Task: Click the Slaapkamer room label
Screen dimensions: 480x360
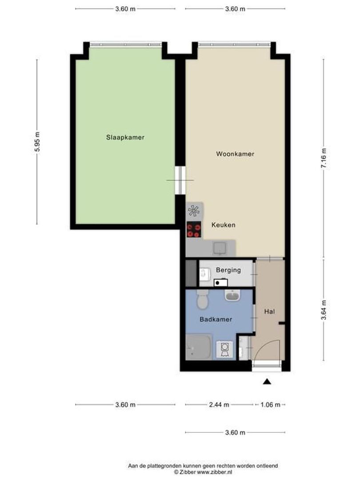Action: (125, 137)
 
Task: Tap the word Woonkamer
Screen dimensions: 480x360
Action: (235, 154)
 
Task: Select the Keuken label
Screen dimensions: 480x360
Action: (223, 225)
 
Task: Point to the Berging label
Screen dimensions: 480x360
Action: (228, 270)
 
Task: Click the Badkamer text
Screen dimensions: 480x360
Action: (216, 319)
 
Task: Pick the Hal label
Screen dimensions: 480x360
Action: (269, 312)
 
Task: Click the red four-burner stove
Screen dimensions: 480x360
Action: (194, 230)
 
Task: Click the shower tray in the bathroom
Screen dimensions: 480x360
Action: (198, 347)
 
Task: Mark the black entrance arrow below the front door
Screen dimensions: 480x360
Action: (267, 381)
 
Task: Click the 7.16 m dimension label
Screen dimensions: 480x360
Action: (324, 157)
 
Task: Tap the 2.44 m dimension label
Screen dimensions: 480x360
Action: (219, 404)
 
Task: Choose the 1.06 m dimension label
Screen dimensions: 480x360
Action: (270, 404)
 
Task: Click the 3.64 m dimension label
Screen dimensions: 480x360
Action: (324, 310)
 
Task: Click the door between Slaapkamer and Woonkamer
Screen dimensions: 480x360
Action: (180, 180)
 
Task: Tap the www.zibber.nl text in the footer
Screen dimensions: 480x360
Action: (217, 472)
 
